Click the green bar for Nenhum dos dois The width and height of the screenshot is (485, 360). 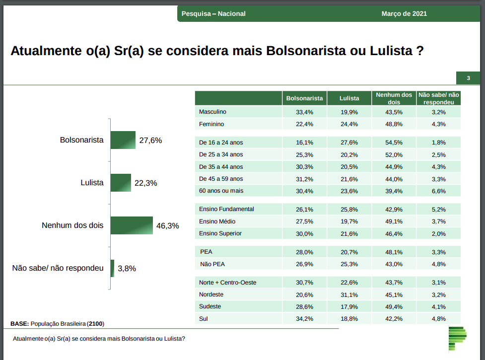coord(132,225)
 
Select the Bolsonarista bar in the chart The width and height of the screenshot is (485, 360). coord(123,140)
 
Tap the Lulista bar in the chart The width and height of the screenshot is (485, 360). coord(121,183)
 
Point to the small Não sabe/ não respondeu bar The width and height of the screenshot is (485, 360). coord(112,268)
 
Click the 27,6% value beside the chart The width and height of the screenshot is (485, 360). coord(150,141)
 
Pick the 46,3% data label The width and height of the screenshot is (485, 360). coord(167,225)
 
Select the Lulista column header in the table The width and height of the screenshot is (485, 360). coord(349,98)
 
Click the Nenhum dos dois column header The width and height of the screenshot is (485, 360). coord(394,98)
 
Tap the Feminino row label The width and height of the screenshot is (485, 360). coord(211,124)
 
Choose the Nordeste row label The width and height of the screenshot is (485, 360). coord(211,294)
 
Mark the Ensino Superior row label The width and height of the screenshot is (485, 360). coord(220,233)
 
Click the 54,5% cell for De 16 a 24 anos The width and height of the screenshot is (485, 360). coord(394,143)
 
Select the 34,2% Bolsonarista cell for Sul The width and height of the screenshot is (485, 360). coord(304,319)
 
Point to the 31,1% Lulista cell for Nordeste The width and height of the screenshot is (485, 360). coord(349,294)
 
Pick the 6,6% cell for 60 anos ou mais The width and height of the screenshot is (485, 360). coord(438,191)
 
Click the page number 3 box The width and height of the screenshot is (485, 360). coord(468,78)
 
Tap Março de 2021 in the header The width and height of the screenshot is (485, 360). coord(404,14)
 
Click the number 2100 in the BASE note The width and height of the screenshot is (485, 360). coord(96,324)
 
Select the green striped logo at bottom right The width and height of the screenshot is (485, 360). coord(457,338)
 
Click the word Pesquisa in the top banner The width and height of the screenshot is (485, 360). coord(196,14)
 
